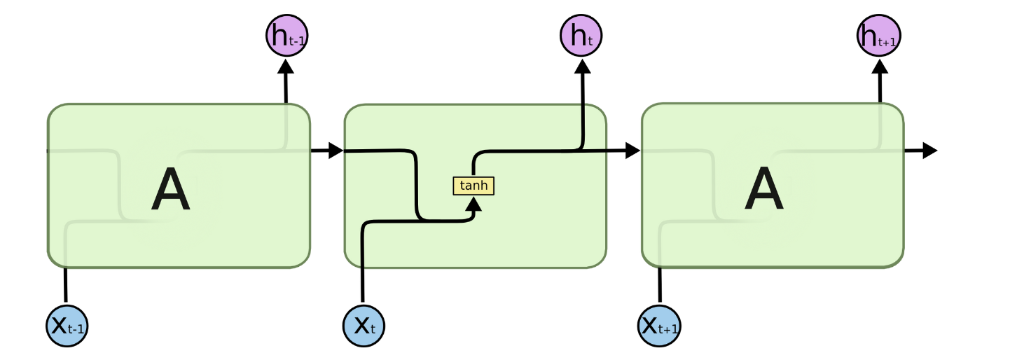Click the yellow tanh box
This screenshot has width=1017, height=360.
tap(473, 186)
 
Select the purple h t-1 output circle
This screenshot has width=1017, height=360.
tap(286, 36)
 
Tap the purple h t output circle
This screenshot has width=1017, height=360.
tap(581, 35)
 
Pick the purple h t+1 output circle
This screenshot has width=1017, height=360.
tap(878, 36)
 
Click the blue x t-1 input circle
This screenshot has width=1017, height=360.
tap(67, 325)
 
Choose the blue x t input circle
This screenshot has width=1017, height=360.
tap(364, 325)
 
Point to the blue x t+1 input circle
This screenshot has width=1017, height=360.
tap(660, 325)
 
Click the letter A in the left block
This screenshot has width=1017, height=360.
tap(170, 191)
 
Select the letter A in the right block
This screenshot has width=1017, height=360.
tap(763, 191)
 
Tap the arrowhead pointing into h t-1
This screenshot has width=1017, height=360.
tap(285, 66)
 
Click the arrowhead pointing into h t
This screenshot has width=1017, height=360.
tap(581, 66)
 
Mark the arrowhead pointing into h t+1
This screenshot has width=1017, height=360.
tap(880, 66)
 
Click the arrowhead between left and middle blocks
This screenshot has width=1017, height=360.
tap(335, 151)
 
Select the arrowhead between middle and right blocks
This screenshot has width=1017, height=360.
tap(632, 151)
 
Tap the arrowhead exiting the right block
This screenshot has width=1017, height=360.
tap(929, 151)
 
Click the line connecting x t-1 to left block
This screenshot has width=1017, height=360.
tap(66, 286)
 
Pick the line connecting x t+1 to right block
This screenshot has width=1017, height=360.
tap(659, 286)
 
